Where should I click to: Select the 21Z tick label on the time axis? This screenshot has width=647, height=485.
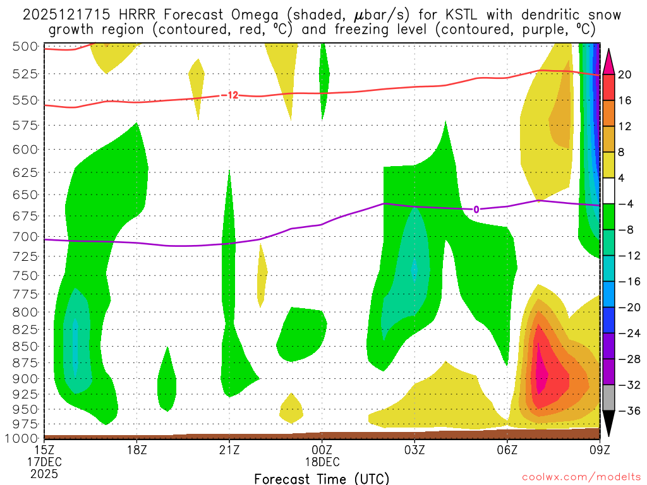[229, 450]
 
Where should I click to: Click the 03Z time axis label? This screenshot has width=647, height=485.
[414, 450]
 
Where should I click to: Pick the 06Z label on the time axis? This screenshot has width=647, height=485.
[507, 450]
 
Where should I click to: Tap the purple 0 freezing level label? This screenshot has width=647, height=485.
[476, 210]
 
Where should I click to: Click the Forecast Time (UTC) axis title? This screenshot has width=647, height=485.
[322, 478]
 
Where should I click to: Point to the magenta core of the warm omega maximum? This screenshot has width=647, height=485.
[541, 373]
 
